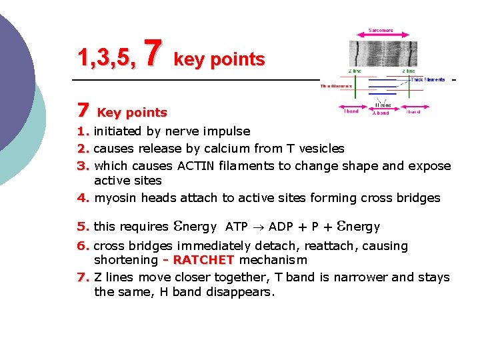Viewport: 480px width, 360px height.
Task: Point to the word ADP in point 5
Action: tap(281, 227)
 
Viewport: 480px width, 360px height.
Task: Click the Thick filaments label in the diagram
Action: tap(427, 79)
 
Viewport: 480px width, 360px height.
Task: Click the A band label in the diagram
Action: tap(381, 113)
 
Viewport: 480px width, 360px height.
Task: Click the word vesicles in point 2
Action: tap(321, 148)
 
